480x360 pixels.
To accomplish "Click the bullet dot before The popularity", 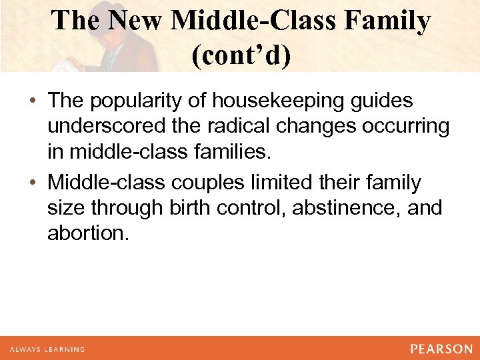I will (33, 101).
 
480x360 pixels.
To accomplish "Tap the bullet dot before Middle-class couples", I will (33, 182).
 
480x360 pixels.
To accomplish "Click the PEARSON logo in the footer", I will (441, 349).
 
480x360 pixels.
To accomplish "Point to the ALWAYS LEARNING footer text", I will (47, 349).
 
